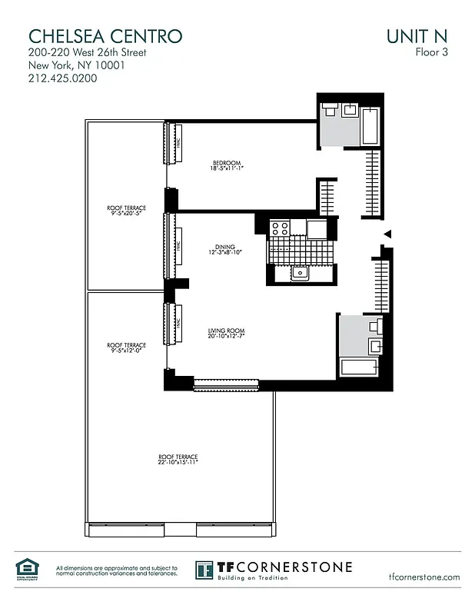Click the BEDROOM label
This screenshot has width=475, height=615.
[x=227, y=163]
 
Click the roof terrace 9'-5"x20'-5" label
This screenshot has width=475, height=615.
[x=126, y=210]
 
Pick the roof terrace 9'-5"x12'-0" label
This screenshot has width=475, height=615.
[x=126, y=348]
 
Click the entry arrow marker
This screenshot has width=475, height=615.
[x=388, y=234]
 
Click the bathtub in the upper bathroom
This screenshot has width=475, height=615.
[x=370, y=125]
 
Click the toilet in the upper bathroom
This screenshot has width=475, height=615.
[x=330, y=109]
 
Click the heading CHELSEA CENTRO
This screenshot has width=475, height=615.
[x=105, y=36]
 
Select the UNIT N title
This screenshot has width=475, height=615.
[x=418, y=36]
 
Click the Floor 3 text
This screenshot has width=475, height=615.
[x=432, y=53]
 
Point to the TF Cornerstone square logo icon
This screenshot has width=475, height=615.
[x=204, y=570]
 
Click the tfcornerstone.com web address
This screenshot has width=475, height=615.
[x=424, y=577]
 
